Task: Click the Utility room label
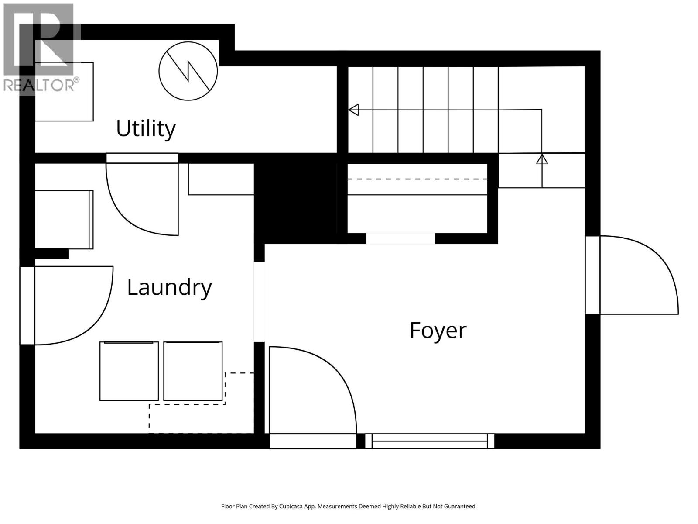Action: [146, 128]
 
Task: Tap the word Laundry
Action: [169, 287]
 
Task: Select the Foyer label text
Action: [438, 330]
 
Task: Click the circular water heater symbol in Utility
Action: [188, 71]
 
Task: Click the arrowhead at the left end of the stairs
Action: [353, 110]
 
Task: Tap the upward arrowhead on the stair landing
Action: [542, 159]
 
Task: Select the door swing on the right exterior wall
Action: [639, 275]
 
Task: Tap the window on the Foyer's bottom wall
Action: [430, 441]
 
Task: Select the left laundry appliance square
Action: [129, 371]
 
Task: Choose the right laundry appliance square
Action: [193, 371]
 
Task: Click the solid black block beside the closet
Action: [296, 199]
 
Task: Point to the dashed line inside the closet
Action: [417, 179]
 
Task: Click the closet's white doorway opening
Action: [400, 238]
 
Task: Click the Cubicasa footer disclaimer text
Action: [349, 507]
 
